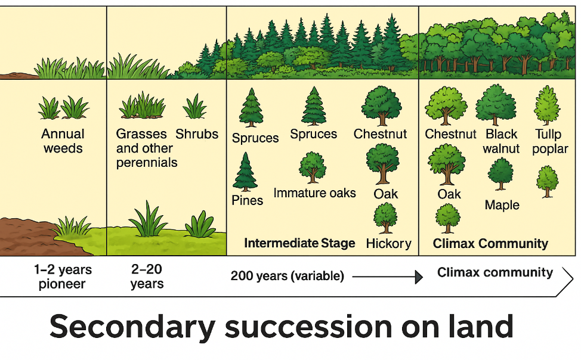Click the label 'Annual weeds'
click(x=63, y=141)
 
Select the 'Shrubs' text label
click(x=197, y=134)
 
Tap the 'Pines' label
click(x=247, y=200)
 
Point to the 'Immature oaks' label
click(x=314, y=193)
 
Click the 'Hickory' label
click(x=389, y=243)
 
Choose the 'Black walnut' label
click(x=501, y=141)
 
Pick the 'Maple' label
click(x=502, y=205)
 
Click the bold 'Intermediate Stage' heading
click(x=299, y=243)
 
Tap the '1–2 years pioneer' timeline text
click(x=63, y=277)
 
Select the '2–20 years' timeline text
click(x=147, y=277)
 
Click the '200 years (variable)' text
click(x=287, y=276)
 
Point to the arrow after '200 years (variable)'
click(x=388, y=277)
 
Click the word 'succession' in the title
click(x=308, y=327)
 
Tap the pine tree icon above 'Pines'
click(x=245, y=172)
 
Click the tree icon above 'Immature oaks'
click(x=313, y=167)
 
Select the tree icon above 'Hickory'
click(x=385, y=218)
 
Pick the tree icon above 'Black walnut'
click(x=496, y=105)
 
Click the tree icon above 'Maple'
click(x=500, y=173)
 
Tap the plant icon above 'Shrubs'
click(x=194, y=106)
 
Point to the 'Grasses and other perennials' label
click(x=147, y=148)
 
